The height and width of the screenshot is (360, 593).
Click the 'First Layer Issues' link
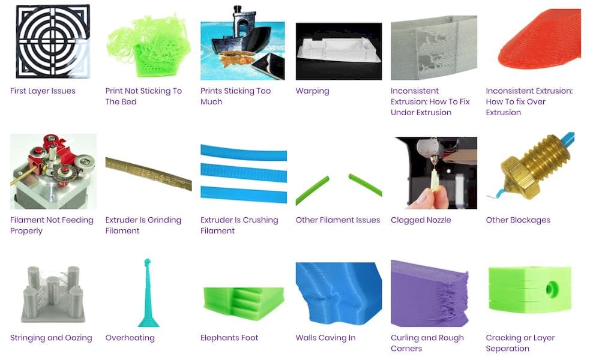pos(43,91)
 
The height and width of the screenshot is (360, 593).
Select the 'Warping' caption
pos(312,91)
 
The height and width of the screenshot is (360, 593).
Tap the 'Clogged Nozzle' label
pos(421,220)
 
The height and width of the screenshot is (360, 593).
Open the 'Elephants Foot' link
pos(229,338)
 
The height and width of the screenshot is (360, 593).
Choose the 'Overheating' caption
pos(130,338)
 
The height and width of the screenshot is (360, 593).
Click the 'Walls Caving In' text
pos(326,338)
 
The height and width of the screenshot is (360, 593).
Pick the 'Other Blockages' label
pos(518,220)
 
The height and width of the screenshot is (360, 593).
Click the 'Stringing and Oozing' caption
pos(51,338)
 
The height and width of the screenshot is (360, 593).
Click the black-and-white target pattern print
pos(53,41)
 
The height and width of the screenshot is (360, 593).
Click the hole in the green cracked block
pos(552,290)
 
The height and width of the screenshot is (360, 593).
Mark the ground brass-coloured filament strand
pos(149,174)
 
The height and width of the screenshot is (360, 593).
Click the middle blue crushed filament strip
pos(244,172)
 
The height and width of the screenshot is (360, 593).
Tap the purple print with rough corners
pos(430,293)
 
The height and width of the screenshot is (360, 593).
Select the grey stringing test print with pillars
pos(53,294)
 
